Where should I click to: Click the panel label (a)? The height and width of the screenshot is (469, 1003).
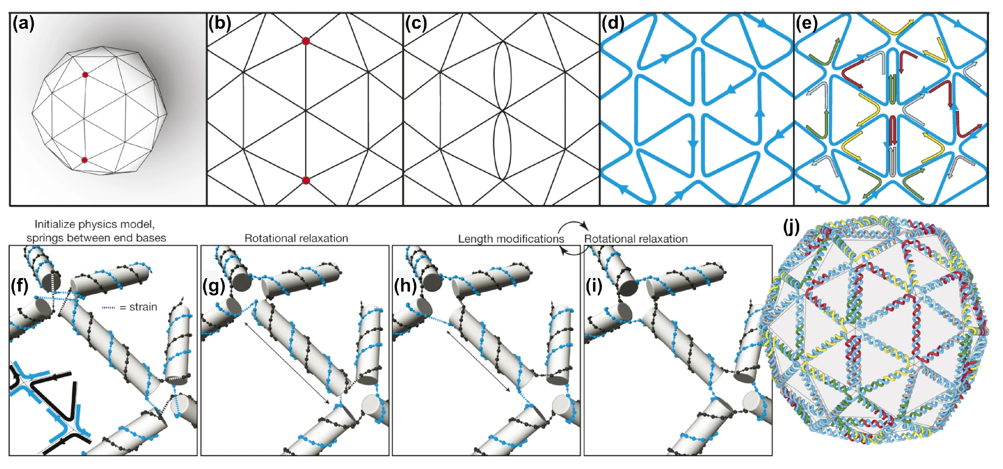pos(23,24)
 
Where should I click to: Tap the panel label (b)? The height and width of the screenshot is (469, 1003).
pos(219,24)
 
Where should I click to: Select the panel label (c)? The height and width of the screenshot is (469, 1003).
pos(416,24)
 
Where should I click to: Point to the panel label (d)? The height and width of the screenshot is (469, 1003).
pos(613,24)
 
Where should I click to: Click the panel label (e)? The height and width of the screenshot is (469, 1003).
pos(806,24)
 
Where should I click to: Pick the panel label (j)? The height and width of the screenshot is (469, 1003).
pos(791,227)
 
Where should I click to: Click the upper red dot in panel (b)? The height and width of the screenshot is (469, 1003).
pos(306,41)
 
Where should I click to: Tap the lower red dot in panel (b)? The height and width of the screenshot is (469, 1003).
pos(306,180)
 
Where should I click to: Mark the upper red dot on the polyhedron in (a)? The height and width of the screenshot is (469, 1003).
pos(85,75)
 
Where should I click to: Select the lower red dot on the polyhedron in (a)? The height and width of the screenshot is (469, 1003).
pos(85,160)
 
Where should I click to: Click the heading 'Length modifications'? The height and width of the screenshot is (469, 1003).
pos(510,238)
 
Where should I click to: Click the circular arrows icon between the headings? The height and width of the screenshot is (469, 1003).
pos(574,238)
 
